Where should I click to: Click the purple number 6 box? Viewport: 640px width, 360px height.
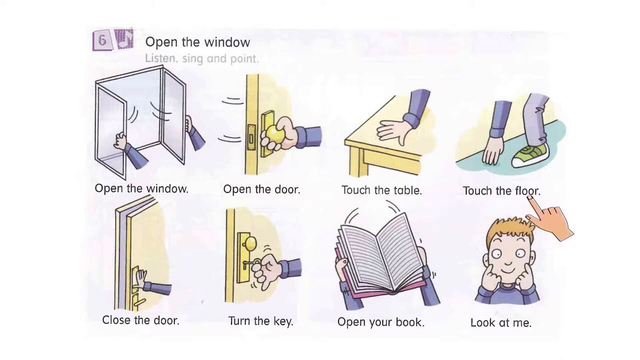[x=102, y=40]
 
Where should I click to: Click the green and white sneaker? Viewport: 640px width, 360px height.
[x=530, y=155]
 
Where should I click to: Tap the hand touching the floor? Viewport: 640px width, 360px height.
[x=492, y=150]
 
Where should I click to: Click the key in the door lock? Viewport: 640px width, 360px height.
[x=250, y=264]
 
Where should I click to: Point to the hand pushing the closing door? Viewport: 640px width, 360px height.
[x=140, y=279]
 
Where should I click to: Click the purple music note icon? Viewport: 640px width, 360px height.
[x=124, y=38]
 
